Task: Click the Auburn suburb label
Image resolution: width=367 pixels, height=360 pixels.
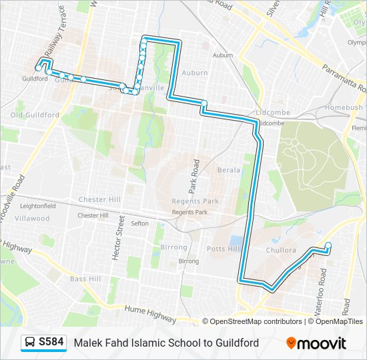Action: click(x=196, y=72)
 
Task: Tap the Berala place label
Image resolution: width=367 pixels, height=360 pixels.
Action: click(x=228, y=170)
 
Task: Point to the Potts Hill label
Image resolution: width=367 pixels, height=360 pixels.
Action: click(x=222, y=249)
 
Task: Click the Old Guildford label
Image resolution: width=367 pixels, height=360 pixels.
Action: click(x=35, y=115)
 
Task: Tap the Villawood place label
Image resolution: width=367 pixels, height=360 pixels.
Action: click(x=33, y=218)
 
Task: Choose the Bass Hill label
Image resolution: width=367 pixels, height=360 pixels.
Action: click(x=85, y=278)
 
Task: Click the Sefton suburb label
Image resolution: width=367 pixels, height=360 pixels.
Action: click(x=139, y=223)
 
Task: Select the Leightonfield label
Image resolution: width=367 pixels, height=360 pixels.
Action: click(x=37, y=206)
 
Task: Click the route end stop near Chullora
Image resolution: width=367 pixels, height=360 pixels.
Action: click(x=328, y=246)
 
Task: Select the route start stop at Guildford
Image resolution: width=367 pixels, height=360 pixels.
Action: click(x=38, y=67)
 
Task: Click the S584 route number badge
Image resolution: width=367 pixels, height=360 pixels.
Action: click(x=51, y=343)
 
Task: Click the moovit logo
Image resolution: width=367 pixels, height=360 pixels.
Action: click(x=316, y=343)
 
